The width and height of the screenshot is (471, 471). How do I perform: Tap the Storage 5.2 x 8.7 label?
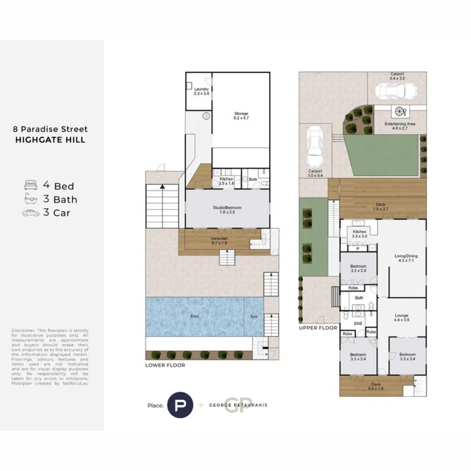pos(241,116)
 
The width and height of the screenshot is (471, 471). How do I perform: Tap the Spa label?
pos(254,317)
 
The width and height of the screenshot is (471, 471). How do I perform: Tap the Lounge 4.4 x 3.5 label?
pos(401,317)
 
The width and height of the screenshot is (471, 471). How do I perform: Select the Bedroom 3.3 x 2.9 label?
pos(358,268)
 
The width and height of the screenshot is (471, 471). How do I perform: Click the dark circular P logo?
pos(180,405)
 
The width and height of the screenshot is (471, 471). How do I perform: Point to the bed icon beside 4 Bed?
pos(31,185)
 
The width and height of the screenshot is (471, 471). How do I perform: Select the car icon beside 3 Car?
pos(31,213)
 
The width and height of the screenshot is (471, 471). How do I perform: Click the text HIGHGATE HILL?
pos(50,140)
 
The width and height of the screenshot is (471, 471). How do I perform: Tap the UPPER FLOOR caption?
pos(318,328)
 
